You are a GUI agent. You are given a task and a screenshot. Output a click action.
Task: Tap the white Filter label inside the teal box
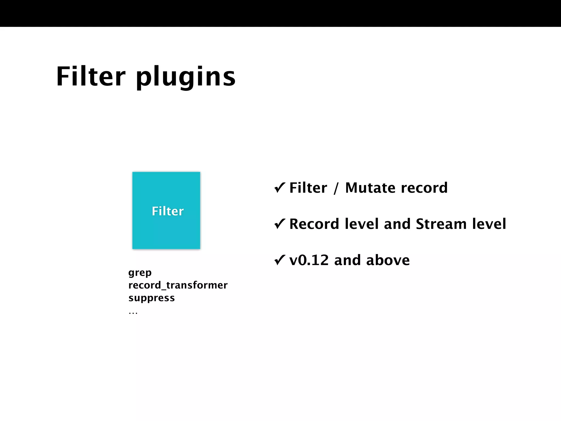(168, 211)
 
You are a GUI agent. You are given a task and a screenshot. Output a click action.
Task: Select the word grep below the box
(140, 273)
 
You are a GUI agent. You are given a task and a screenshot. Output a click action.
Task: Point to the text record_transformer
(178, 285)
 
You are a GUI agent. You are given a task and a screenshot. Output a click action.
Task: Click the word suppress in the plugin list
(151, 298)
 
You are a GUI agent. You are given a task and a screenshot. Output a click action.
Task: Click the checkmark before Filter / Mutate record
(280, 188)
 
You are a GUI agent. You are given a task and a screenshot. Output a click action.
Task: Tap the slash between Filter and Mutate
(336, 188)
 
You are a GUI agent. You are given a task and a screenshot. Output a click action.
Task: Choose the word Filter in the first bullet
(308, 188)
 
